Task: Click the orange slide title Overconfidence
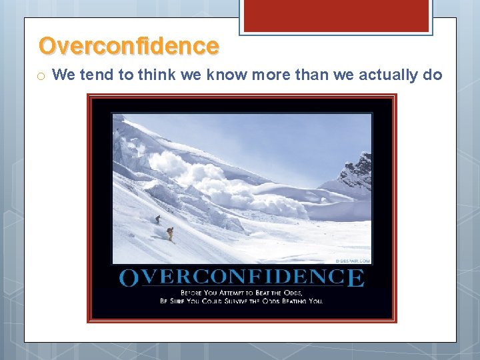tap(129, 46)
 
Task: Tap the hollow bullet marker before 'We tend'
tap(41, 76)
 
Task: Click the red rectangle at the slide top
tap(335, 15)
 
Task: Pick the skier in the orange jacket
tap(170, 233)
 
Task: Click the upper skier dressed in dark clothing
tap(157, 219)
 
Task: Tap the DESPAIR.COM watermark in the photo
tap(353, 261)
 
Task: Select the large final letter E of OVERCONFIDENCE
tap(356, 277)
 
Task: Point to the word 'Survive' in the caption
tap(248, 301)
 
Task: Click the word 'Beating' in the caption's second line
tap(293, 301)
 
